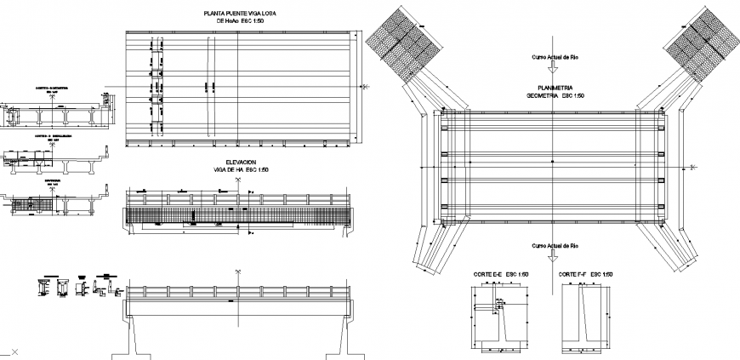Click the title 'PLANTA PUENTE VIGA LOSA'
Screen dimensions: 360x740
[x=241, y=14]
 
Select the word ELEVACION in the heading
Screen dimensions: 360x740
[x=240, y=163]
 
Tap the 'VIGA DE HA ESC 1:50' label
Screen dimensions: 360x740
[x=241, y=170]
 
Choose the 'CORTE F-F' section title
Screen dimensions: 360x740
[x=586, y=275]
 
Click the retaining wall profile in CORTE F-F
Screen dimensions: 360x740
[x=587, y=319]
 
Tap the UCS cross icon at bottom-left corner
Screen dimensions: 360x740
[x=13, y=351]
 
